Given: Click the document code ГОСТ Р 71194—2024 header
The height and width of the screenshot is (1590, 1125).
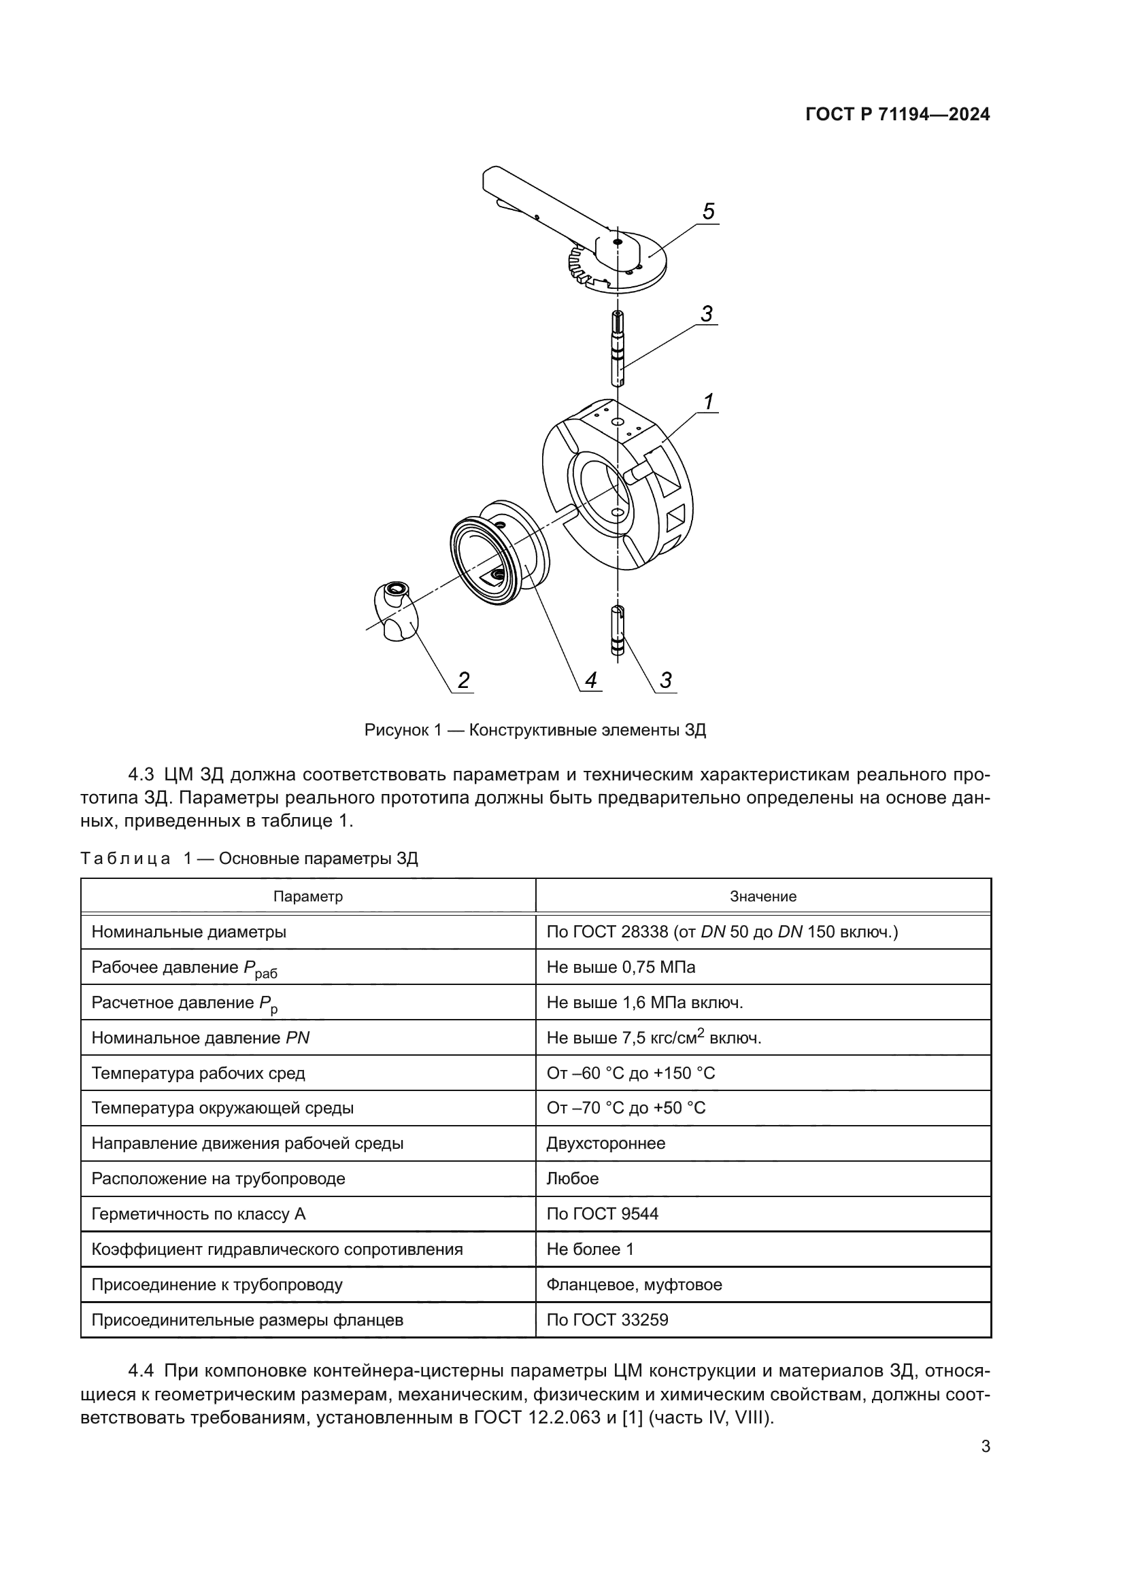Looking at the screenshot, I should click(898, 115).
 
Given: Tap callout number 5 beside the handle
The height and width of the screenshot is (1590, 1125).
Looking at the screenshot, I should click(708, 211).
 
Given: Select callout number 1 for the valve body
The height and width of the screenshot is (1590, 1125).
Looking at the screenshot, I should click(708, 401).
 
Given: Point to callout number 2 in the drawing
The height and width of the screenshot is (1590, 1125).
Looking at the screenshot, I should click(463, 680).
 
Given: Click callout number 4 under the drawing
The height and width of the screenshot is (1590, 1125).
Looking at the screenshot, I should click(590, 680).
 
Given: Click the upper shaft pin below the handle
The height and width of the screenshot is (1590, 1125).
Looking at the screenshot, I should click(617, 348).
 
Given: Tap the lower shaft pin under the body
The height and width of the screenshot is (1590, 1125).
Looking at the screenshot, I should click(618, 629).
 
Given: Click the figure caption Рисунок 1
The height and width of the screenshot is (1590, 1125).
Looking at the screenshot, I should click(535, 730).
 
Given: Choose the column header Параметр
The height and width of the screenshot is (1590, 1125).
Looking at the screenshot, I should click(307, 897).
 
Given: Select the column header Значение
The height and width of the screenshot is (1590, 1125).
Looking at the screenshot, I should click(762, 897).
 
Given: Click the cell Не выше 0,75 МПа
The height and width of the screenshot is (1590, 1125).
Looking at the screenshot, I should click(621, 967).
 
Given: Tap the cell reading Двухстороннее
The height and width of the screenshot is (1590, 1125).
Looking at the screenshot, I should click(605, 1143).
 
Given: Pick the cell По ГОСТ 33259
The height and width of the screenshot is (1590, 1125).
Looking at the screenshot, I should click(607, 1320).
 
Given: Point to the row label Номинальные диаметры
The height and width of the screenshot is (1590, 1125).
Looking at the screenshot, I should click(188, 932).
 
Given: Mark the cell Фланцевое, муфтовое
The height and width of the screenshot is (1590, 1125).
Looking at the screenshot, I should click(634, 1285).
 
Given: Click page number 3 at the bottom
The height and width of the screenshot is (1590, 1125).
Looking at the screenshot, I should click(985, 1447).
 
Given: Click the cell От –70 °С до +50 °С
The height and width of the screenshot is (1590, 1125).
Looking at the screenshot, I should click(626, 1108).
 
